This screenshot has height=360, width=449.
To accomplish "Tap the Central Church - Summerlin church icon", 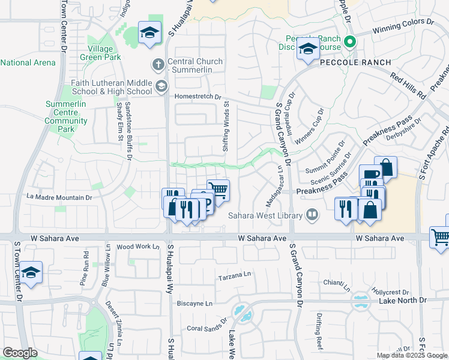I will pyautogui.click(x=158, y=64).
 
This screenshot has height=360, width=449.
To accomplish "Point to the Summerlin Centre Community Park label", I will pyautogui.click(x=67, y=116).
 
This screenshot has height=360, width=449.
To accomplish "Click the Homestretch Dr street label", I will pyautogui.click(x=197, y=96).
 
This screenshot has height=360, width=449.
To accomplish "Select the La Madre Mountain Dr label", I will pyautogui.click(x=59, y=197).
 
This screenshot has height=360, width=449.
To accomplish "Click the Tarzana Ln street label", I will pyautogui.click(x=234, y=275).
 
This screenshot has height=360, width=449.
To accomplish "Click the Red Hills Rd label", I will pyautogui.click(x=408, y=86).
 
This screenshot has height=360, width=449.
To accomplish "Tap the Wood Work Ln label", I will pyautogui.click(x=138, y=247).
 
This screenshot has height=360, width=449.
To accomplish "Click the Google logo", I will pyautogui.click(x=20, y=353).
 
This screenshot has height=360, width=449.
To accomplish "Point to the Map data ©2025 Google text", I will pyautogui.click(x=412, y=355).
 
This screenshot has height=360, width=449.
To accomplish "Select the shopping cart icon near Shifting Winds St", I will pyautogui.click(x=218, y=190).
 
